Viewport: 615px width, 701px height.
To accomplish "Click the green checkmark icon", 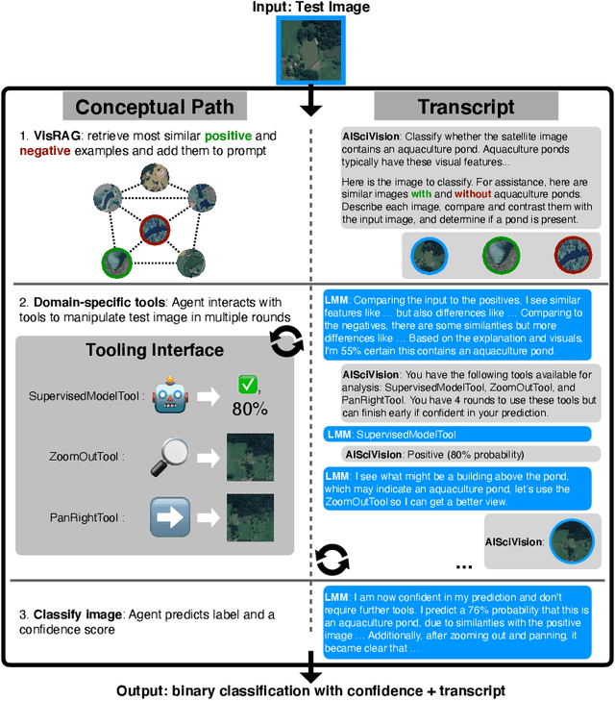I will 247,385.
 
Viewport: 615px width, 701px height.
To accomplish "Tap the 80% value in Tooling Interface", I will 249,410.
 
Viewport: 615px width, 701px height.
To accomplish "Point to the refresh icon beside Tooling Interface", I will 286,341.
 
